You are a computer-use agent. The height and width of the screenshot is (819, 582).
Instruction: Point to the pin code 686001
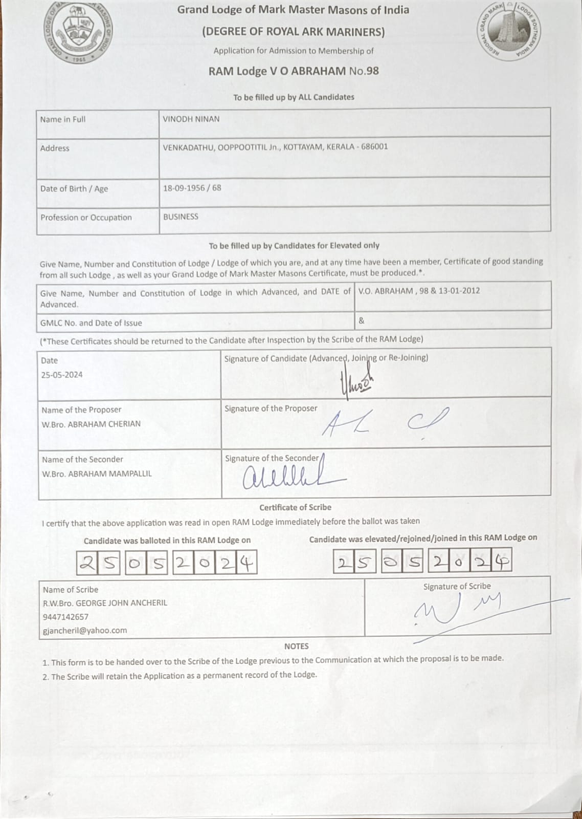374,146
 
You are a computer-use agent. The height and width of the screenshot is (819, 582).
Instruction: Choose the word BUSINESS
181,217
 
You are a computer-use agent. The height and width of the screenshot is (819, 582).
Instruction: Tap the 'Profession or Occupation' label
86,218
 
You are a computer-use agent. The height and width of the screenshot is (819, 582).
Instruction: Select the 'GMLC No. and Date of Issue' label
91,323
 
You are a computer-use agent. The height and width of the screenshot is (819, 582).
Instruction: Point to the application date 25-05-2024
62,375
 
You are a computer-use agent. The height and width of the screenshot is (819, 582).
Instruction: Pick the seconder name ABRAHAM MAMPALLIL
109,473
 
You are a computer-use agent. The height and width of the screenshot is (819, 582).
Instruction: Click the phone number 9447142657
65,617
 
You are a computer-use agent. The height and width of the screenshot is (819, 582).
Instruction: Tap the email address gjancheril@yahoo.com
85,631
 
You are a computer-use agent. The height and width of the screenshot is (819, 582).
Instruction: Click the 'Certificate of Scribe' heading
295,507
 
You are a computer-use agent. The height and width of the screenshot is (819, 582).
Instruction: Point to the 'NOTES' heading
296,646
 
